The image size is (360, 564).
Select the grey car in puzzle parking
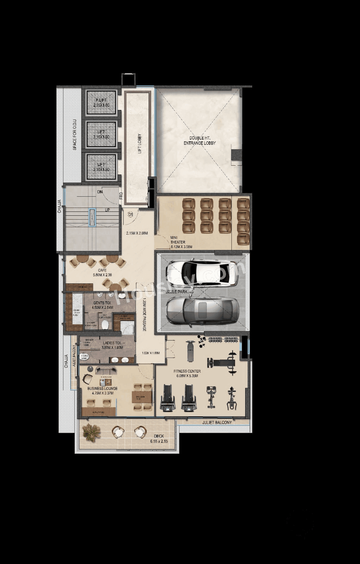pos(202,311)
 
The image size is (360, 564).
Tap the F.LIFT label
pos(101,100)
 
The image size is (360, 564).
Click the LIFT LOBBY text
pos(140,143)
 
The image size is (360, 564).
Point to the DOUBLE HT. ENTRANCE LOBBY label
pos(199,141)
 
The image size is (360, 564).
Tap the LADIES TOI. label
pos(113,343)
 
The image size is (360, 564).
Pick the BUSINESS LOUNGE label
pos(103,388)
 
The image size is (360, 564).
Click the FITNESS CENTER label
pos(187,371)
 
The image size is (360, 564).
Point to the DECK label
pos(159,436)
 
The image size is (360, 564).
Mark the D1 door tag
pos(130,214)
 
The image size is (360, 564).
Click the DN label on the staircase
pos(100,192)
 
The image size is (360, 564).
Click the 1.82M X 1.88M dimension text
pos(151,353)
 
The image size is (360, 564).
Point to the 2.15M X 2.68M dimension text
pos(137,233)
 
